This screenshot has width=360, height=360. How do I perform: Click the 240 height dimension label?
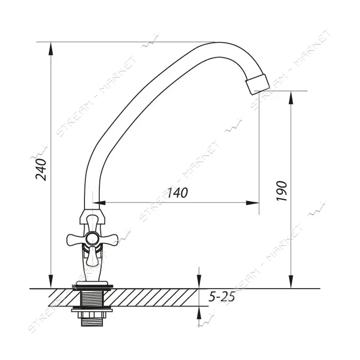[41, 169]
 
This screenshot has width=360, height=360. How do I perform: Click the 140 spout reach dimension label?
[177, 193]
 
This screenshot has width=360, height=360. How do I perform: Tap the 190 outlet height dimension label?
[281, 191]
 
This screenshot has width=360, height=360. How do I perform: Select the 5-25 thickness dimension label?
[222, 297]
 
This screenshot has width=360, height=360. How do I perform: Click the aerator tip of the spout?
[258, 84]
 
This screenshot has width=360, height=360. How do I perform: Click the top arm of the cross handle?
[92, 223]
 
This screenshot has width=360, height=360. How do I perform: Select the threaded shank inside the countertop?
[92, 297]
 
